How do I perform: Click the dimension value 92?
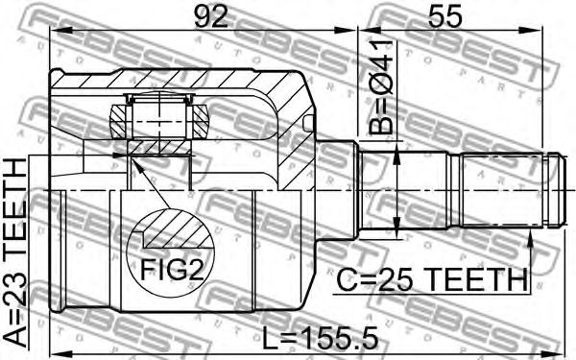click(x=211, y=16)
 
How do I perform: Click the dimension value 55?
click(x=444, y=16)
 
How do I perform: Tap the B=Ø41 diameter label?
click(x=380, y=87)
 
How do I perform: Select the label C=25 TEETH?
click(x=432, y=279)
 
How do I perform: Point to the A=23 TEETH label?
click(x=16, y=253)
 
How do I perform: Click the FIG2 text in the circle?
click(x=172, y=270)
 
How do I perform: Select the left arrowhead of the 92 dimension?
click(x=57, y=32)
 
